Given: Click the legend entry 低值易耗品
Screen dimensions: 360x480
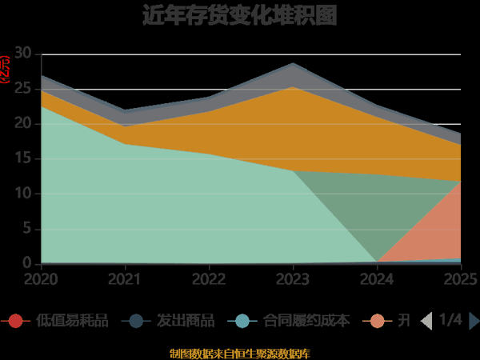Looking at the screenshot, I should click(x=72, y=321).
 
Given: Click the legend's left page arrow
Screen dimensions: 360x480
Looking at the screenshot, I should click(x=426, y=321).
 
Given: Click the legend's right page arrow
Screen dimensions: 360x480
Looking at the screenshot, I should click(x=474, y=321).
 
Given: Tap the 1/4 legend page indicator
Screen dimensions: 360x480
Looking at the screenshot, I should click(x=450, y=320).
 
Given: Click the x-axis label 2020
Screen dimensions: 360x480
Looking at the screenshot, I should click(x=41, y=279).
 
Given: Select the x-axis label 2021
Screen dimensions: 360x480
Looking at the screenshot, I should click(x=125, y=279).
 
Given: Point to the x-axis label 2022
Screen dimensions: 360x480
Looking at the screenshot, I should click(x=209, y=279).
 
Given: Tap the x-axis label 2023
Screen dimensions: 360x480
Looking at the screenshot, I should click(x=293, y=279).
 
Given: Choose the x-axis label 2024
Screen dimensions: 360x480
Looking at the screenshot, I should click(x=377, y=279).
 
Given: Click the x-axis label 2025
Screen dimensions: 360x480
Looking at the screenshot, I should click(x=460, y=279).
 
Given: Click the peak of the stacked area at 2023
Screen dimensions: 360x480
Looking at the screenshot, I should click(x=293, y=63).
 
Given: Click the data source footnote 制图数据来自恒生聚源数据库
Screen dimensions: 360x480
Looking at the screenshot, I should click(x=239, y=353).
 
